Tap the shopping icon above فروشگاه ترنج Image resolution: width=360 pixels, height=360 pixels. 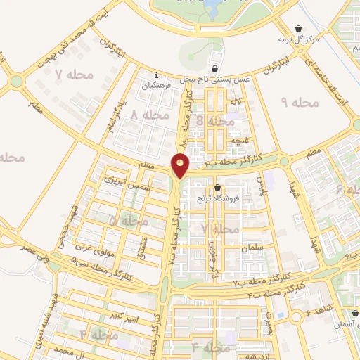coord(218,188)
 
